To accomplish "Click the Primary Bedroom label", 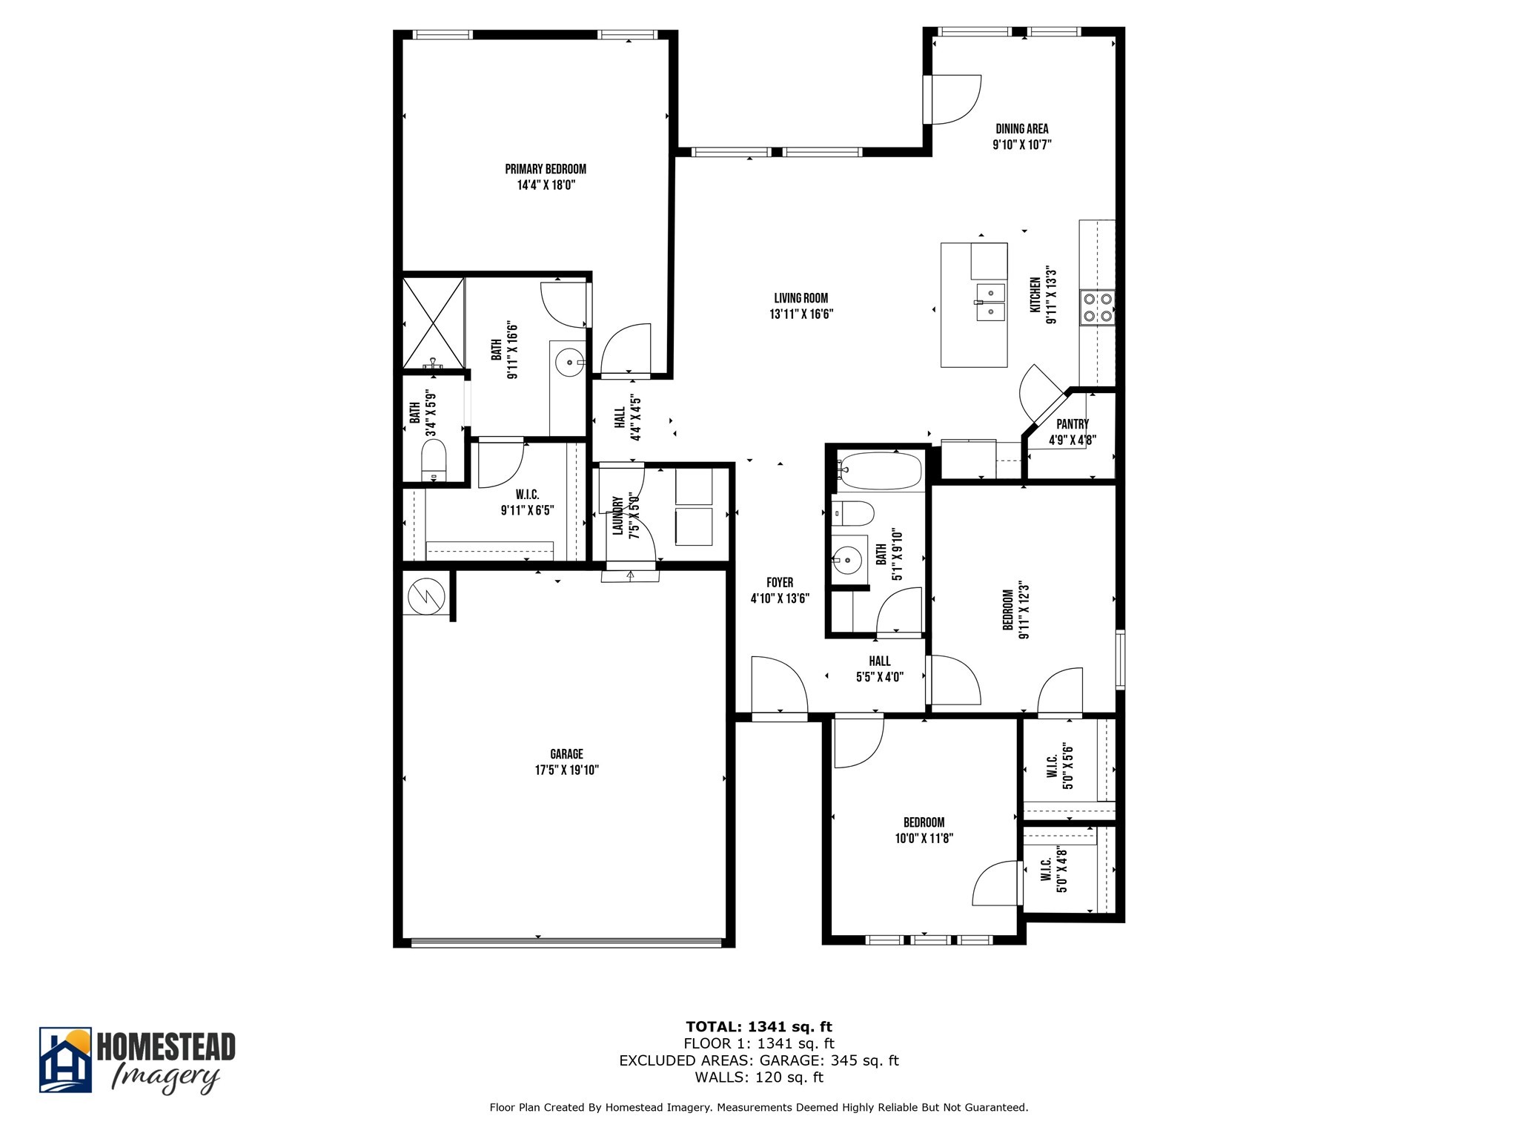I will tap(546, 169).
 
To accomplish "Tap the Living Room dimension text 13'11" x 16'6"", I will tap(801, 314).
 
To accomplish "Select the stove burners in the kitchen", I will tap(1097, 308).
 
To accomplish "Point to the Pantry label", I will tap(1073, 424).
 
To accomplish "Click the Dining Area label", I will tap(1022, 129).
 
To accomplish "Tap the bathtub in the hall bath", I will tap(881, 471).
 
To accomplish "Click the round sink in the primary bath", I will tap(569, 363).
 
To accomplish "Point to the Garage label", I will tap(566, 754).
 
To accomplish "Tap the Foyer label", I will tap(780, 583).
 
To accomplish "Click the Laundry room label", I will tap(617, 516).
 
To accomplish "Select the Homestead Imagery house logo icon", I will tap(65, 1060).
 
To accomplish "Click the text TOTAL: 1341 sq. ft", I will tap(759, 1027).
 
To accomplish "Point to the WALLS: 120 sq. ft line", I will tap(759, 1077).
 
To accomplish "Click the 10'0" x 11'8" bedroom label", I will tap(924, 831).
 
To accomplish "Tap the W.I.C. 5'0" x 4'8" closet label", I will tap(1053, 870).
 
